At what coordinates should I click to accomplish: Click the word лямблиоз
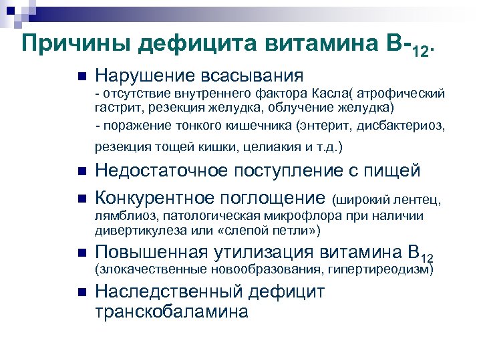pos(123,217)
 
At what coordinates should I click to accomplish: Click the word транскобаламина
pos(171,312)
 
